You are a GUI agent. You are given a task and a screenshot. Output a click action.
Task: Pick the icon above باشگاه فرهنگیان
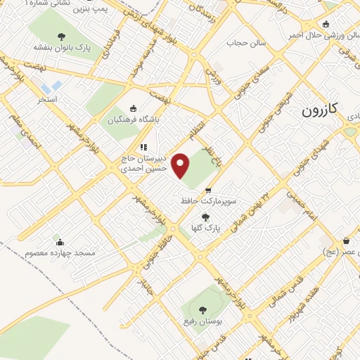pos(134,108)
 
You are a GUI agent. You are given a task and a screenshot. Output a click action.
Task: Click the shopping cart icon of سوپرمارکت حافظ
pos(208,191)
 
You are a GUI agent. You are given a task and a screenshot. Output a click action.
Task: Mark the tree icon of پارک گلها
pos(205,217)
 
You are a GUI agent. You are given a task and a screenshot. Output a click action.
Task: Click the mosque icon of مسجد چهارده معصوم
pos(60,240)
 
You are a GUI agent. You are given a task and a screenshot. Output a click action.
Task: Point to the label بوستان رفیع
pos(202,320)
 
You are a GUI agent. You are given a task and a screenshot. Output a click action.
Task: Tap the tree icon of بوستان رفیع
pos(202,309)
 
